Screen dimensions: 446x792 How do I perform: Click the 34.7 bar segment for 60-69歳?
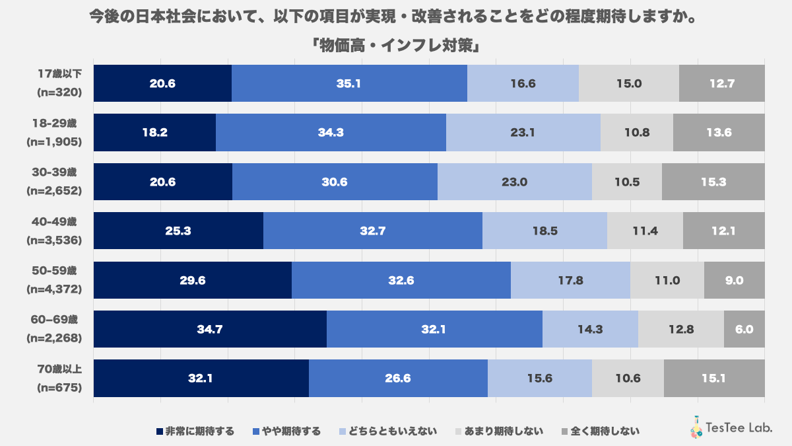210,329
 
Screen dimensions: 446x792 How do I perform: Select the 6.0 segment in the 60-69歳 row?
744,329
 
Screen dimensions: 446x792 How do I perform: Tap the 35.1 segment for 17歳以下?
349,83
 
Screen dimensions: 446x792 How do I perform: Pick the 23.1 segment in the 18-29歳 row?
523,132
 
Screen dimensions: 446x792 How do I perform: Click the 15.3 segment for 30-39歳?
713,182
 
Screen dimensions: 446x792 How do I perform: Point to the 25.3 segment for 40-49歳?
178,231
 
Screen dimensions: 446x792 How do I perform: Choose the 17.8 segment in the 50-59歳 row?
570,280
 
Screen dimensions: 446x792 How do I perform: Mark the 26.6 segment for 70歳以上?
398,379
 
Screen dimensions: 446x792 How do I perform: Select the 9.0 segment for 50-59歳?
735,280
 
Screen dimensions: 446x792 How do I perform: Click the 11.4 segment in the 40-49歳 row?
645,231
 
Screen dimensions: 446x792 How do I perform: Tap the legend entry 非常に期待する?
195,431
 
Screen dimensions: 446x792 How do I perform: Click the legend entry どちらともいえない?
388,431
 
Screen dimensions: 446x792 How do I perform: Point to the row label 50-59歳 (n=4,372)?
57,280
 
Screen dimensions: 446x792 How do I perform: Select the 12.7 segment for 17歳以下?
721,83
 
